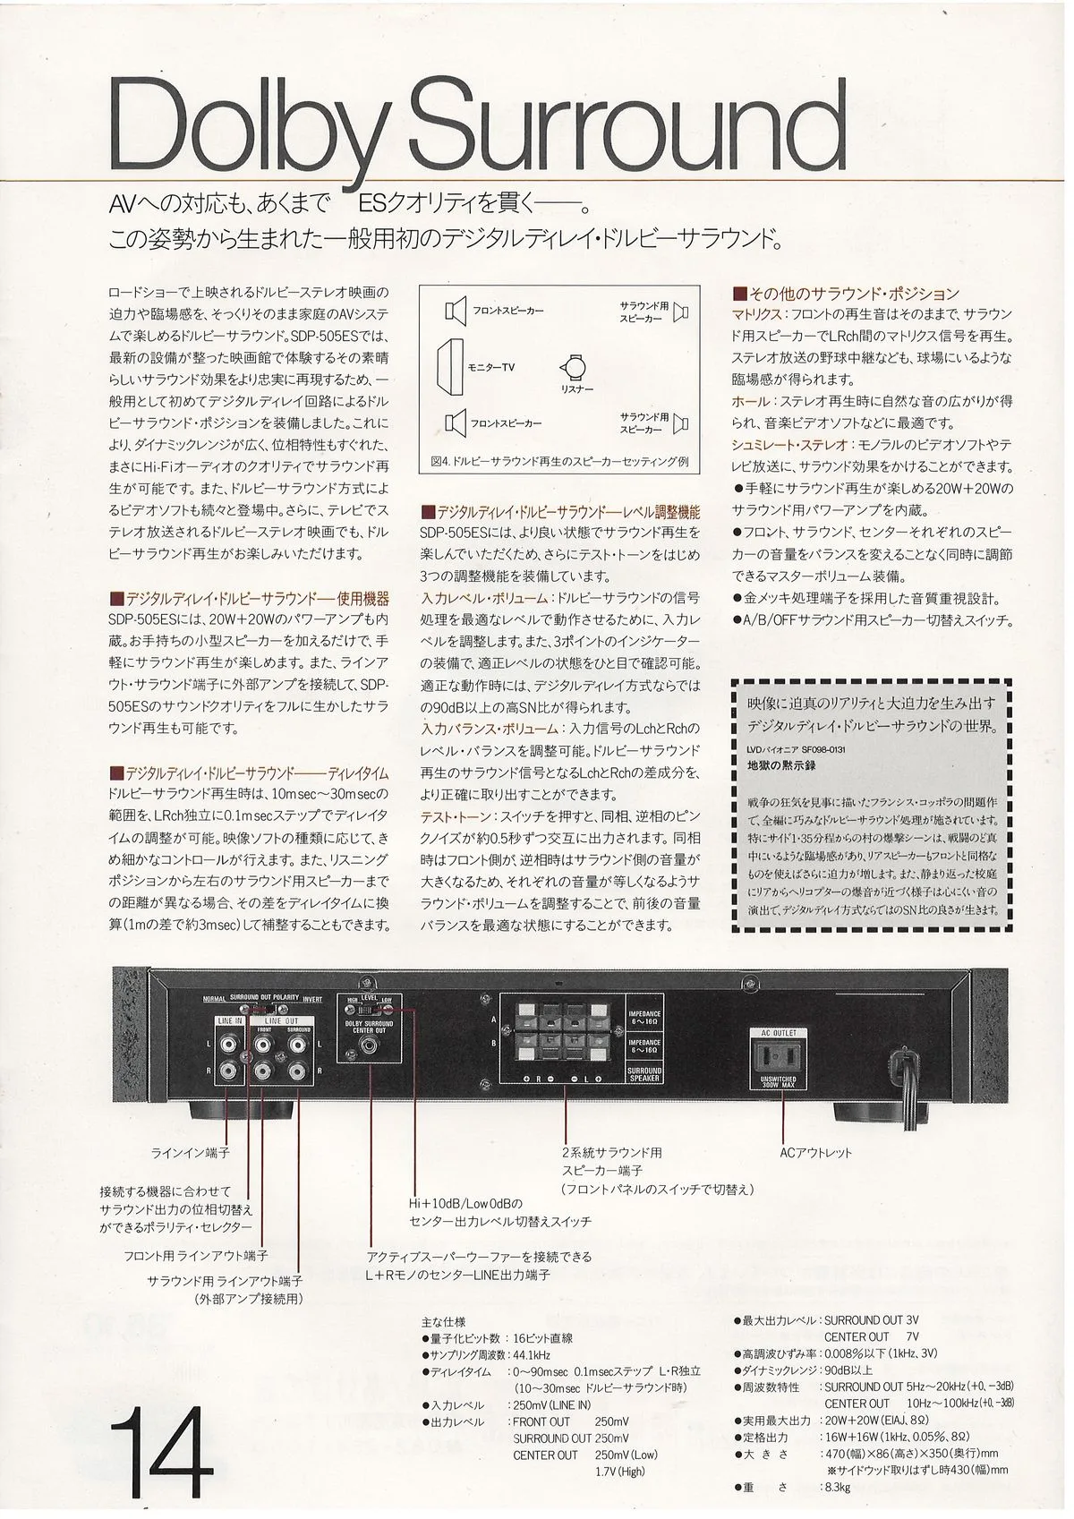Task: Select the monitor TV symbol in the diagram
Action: coord(450,367)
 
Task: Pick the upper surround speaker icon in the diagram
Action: coord(681,311)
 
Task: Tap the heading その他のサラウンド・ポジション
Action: coord(846,294)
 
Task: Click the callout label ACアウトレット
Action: coord(815,1153)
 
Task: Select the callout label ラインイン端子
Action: coord(190,1153)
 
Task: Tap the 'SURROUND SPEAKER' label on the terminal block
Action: coord(644,1074)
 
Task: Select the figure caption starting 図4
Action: coord(558,462)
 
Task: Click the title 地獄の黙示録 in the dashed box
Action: coord(781,765)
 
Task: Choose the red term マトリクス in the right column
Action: coord(757,315)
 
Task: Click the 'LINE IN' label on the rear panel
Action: coord(229,1020)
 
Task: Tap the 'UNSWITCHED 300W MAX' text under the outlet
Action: coord(778,1082)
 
